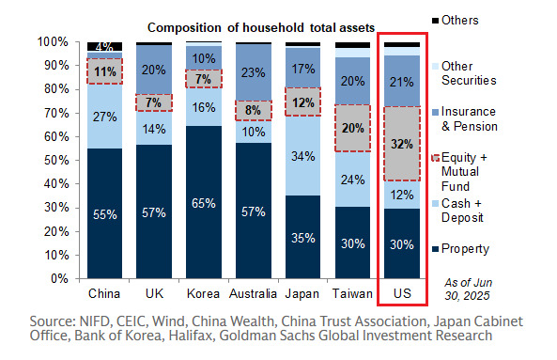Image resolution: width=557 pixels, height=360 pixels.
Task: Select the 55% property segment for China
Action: coord(104,213)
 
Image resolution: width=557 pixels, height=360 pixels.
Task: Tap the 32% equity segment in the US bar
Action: coord(403,145)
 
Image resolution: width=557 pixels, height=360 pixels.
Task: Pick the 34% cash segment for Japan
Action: coord(303,155)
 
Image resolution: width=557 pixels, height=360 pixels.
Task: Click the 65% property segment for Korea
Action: coord(204,201)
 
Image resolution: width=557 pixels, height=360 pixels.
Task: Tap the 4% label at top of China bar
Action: coord(104,46)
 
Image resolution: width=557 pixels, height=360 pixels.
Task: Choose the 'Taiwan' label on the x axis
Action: coord(353,293)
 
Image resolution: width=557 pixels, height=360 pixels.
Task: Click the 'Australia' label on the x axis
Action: coord(254,293)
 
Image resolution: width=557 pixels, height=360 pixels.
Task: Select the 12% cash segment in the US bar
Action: coord(403,195)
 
